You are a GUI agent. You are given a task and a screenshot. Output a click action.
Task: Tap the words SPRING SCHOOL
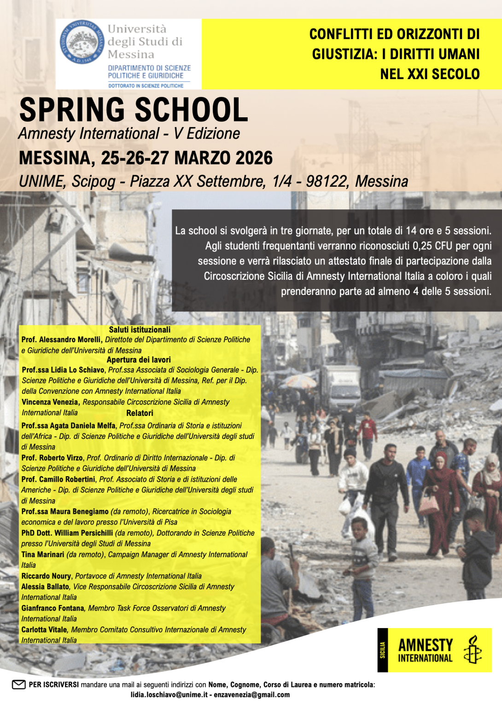[x=134, y=110]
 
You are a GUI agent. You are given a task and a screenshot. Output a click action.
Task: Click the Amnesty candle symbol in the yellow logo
[x=473, y=650]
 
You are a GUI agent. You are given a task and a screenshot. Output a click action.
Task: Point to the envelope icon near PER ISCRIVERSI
[x=19, y=685]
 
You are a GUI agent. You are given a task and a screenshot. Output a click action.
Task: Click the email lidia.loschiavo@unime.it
[x=169, y=695]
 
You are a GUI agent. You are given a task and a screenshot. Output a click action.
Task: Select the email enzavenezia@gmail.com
[x=252, y=695]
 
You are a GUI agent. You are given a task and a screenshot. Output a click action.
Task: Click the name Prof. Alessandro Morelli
[x=61, y=340]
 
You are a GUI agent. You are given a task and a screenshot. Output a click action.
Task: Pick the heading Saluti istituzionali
[x=140, y=329]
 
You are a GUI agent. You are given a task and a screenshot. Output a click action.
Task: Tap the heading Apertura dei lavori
[x=139, y=360]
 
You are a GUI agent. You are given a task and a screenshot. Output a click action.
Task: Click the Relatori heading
[x=140, y=413]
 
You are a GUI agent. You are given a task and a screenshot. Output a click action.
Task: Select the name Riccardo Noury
[x=46, y=576]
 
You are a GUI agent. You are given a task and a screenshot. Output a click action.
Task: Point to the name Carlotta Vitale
[x=45, y=629]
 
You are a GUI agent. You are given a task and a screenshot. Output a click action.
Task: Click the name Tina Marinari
[x=43, y=554]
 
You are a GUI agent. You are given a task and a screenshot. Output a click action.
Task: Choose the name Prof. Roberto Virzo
[x=53, y=458]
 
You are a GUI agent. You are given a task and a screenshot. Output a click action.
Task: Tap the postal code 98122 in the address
[x=327, y=181]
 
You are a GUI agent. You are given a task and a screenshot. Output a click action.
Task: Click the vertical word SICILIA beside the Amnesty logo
[x=382, y=650]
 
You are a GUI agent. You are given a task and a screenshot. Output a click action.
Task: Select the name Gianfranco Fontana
[x=53, y=608]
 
